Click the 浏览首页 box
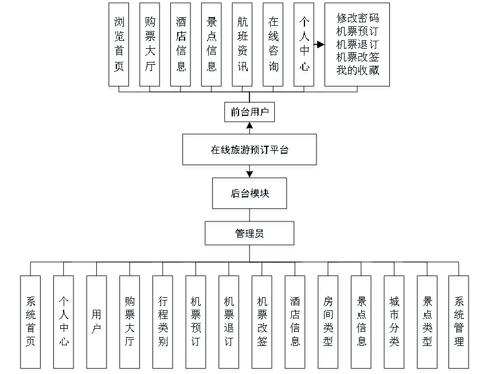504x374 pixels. [x=119, y=46]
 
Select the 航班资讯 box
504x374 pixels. [x=243, y=46]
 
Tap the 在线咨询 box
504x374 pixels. [x=274, y=46]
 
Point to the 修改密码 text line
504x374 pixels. [x=357, y=18]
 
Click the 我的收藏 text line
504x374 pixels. [x=357, y=71]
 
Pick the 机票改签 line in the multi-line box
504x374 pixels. [x=357, y=58]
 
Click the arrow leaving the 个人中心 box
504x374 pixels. [x=319, y=44]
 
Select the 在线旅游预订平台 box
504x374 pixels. [x=249, y=151]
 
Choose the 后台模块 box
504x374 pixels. [x=249, y=194]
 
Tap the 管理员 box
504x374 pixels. [x=249, y=235]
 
